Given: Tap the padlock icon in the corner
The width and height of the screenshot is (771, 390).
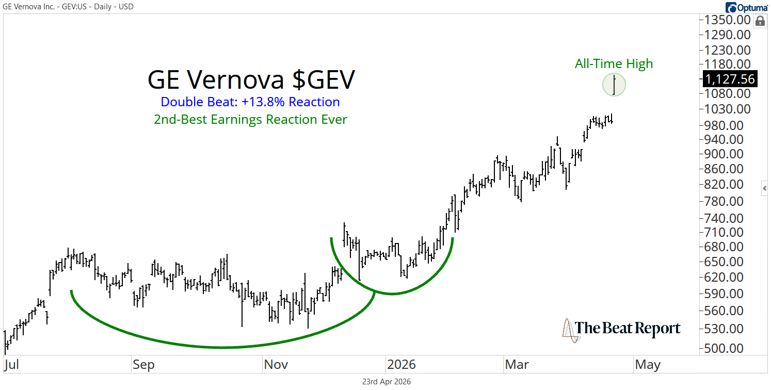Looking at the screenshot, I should tap(759, 21).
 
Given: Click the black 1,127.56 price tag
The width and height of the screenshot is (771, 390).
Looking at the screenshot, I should tap(729, 79).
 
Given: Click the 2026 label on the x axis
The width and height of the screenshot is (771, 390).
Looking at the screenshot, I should tap(401, 365).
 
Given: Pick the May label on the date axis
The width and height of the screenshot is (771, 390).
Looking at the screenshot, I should tap(647, 365).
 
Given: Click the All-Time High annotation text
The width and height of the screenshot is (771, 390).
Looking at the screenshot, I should tap(614, 63).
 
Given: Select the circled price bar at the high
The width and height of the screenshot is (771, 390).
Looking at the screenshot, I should tap(614, 85).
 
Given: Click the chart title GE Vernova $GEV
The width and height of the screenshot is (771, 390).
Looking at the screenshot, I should tap(251, 80).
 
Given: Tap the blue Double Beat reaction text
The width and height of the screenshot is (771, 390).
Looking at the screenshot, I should tap(250, 102).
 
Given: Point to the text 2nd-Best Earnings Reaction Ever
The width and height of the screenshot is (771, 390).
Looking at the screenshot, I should tap(250, 120).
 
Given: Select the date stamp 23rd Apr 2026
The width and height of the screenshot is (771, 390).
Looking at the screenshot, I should tap(386, 382).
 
